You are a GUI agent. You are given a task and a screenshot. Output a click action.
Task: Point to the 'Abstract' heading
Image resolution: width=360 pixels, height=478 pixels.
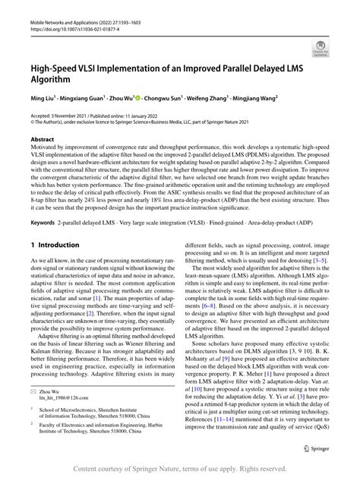click(x=43, y=140)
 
